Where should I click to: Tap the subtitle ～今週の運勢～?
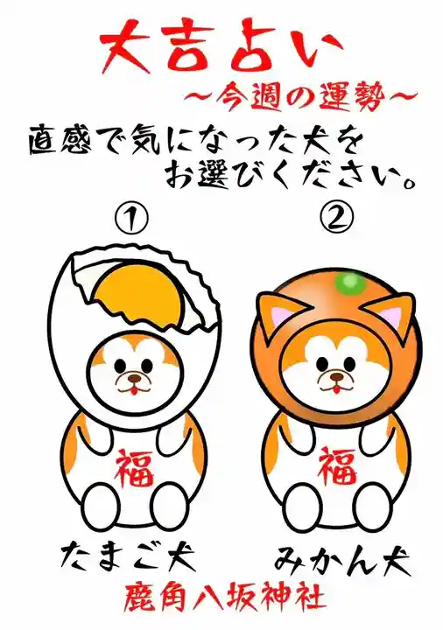pyautogui.click(x=300, y=96)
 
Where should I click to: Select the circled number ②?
pyautogui.click(x=337, y=218)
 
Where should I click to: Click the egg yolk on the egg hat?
pyautogui.click(x=137, y=294)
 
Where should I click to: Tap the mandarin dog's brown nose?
pyautogui.click(x=334, y=377)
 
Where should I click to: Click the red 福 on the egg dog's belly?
pyautogui.click(x=135, y=469)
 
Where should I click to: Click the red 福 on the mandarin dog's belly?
pyautogui.click(x=338, y=467)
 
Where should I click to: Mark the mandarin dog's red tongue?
pyautogui.click(x=334, y=388)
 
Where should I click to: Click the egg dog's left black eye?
pyautogui.click(x=119, y=366)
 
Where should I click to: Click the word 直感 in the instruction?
pyautogui.click(x=60, y=142)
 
